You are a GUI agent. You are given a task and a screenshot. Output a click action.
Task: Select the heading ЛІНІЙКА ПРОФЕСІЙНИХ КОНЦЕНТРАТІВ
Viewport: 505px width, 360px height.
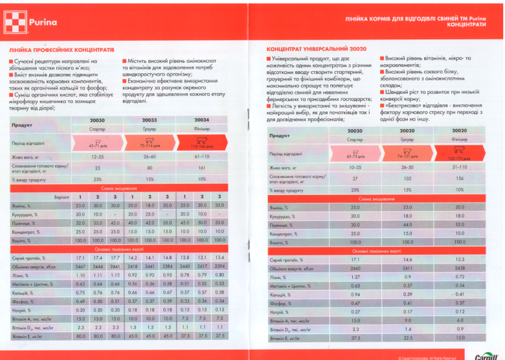[x=62, y=49]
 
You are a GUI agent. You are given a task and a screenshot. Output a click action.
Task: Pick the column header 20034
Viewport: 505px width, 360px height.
[x=201, y=120]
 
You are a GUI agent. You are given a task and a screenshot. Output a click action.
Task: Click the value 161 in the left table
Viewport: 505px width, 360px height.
[x=201, y=167]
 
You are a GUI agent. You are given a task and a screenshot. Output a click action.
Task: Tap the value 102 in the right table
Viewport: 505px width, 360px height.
[x=407, y=178]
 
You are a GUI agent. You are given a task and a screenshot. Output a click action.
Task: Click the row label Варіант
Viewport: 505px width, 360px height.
[x=62, y=196]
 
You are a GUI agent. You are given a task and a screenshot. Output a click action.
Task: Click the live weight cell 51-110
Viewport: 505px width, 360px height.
[x=458, y=168]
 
